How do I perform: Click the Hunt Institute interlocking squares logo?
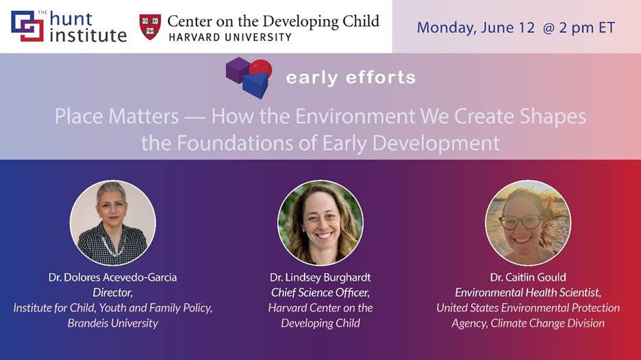[27, 26]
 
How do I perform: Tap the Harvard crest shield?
[150, 27]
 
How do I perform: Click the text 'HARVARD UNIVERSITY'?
[230, 37]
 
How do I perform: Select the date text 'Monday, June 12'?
[475, 28]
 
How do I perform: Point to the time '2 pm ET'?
[587, 28]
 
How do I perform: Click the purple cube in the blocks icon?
[238, 70]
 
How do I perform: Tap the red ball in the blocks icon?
[261, 68]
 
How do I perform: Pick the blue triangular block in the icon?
[256, 85]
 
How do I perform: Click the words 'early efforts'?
[351, 77]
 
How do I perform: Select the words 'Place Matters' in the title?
[116, 116]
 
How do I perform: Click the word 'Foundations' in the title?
[247, 143]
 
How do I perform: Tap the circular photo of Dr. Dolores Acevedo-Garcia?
[113, 223]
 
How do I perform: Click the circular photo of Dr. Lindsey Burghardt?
[320, 223]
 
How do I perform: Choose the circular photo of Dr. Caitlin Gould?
[528, 223]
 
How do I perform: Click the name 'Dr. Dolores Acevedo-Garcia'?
[113, 277]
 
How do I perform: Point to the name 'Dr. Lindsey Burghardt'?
[320, 277]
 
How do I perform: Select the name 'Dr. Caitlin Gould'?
[528, 277]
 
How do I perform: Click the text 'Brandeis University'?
[113, 323]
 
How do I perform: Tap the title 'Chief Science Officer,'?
[320, 292]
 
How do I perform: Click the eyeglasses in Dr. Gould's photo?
[520, 222]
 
